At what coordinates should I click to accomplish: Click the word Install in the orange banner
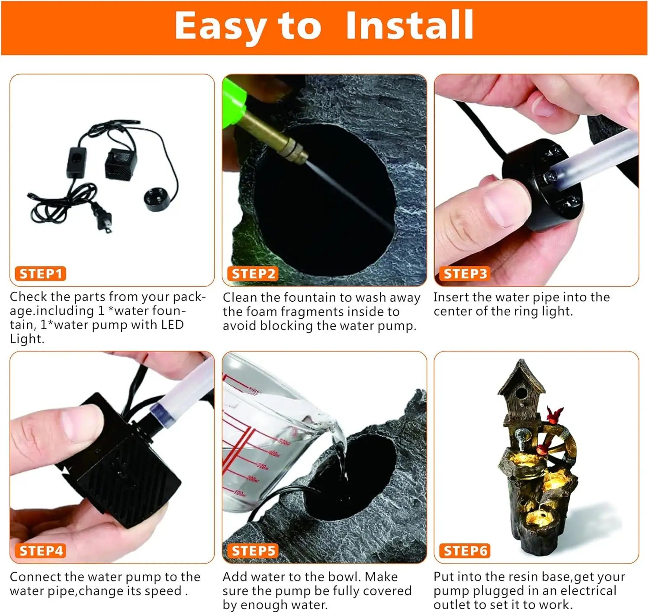tap(409, 26)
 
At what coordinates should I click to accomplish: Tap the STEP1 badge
tap(41, 274)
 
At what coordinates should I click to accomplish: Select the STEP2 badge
tap(253, 274)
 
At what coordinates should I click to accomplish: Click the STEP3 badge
tap(465, 274)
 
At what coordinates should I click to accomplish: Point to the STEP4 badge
tap(41, 551)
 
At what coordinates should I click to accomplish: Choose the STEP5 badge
tap(253, 551)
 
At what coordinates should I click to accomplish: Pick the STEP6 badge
tap(465, 551)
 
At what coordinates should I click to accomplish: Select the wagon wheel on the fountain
tap(555, 445)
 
